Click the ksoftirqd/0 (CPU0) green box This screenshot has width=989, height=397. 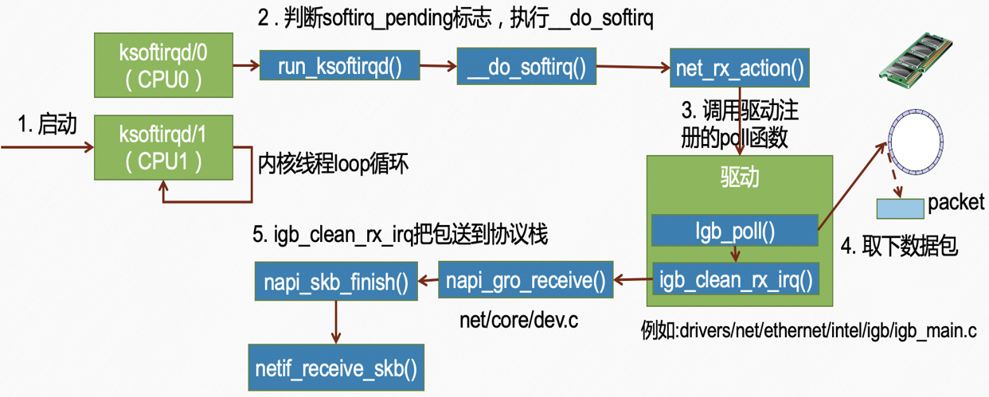pos(163,66)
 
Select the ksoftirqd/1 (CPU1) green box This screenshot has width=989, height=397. pos(163,146)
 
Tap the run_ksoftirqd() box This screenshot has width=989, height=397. pos(340,67)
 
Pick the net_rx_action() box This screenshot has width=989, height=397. pos(740,68)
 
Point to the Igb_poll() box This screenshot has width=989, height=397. pos(735,231)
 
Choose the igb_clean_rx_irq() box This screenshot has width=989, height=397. pos(735,278)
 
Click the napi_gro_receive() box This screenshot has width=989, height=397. pos(526,280)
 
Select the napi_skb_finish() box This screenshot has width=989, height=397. pos(336,280)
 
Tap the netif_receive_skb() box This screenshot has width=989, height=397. pos(336,369)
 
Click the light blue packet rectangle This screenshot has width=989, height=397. pos(900,208)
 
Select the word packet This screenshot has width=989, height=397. pos(956,203)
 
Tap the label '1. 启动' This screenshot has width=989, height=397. pos(48,124)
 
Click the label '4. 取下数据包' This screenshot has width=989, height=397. pos(899,246)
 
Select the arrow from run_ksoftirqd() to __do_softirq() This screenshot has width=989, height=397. pos(439,67)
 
